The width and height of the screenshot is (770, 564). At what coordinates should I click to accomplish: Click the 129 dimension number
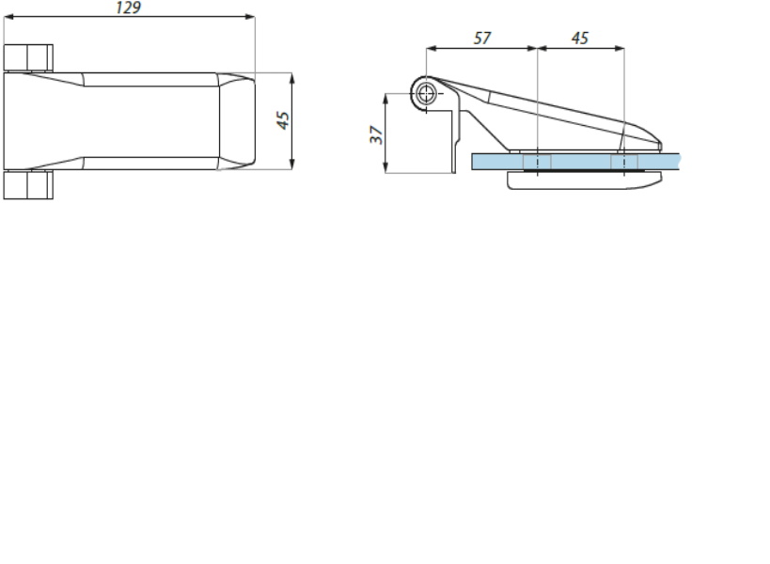pos(129,8)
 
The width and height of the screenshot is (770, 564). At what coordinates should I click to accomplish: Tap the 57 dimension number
pos(482,39)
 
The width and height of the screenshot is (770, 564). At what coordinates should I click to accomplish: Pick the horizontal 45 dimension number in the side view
pos(580,39)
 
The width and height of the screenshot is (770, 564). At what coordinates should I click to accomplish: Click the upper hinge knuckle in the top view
pos(27,57)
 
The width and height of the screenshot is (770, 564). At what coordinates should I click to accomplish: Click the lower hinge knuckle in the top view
pos(27,185)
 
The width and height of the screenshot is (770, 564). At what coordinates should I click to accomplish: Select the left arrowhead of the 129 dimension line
pos(8,17)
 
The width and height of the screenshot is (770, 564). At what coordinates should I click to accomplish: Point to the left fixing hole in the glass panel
pos(536,162)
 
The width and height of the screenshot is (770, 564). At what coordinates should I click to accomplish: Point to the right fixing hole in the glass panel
pos(623,162)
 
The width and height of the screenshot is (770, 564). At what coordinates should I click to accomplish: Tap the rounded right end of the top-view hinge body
pos(246,121)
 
